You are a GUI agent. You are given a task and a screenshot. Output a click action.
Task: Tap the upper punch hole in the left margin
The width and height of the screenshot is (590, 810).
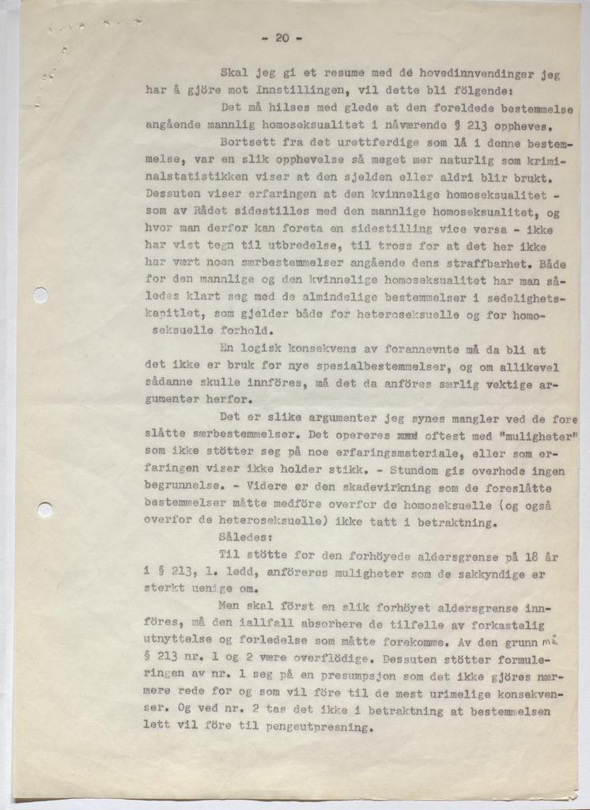pyautogui.click(x=40, y=295)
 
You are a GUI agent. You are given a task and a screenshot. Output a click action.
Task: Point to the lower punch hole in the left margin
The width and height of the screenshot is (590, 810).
pyautogui.click(x=45, y=509)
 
